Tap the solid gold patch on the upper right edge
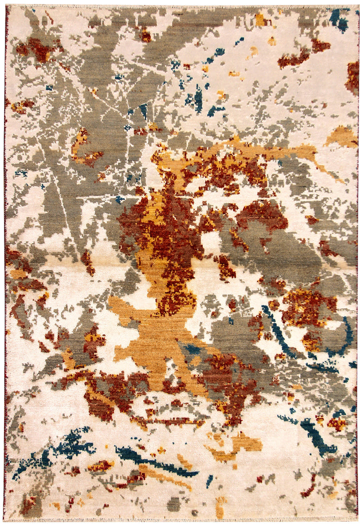[342, 136]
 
